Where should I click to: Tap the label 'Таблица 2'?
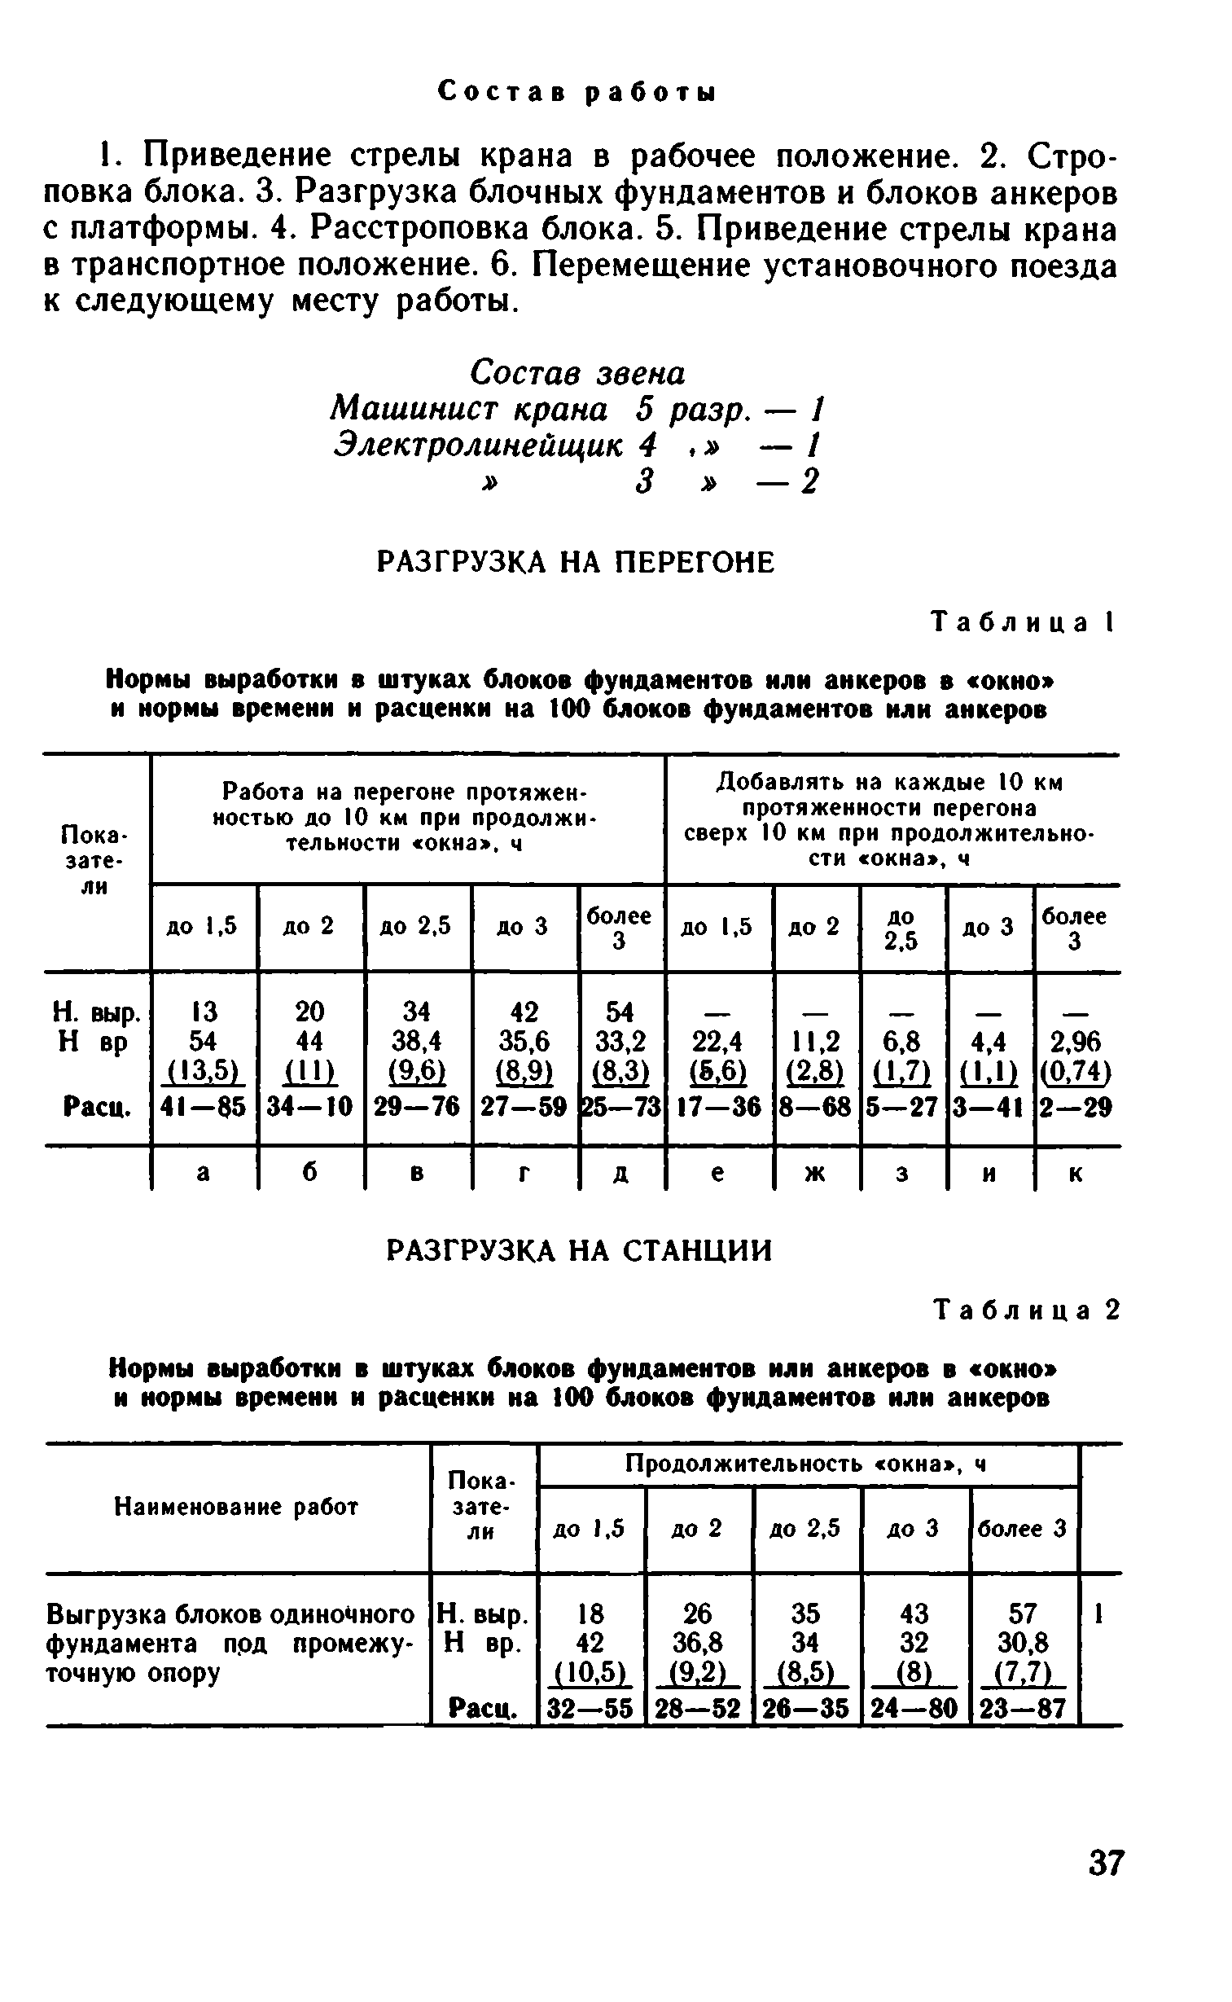(1027, 1311)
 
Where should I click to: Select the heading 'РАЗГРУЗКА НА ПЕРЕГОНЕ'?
(575, 562)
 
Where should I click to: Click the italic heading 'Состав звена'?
(577, 373)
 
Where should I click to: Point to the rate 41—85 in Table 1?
(204, 1107)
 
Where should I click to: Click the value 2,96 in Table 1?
(1075, 1043)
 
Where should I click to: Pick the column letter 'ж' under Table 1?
(816, 1174)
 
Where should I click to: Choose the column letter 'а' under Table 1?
(204, 1174)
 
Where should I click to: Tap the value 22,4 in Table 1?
(719, 1043)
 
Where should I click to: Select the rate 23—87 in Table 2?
(1023, 1707)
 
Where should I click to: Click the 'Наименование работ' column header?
(236, 1508)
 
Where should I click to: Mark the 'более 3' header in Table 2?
(1023, 1529)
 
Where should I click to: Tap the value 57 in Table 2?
(1023, 1613)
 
